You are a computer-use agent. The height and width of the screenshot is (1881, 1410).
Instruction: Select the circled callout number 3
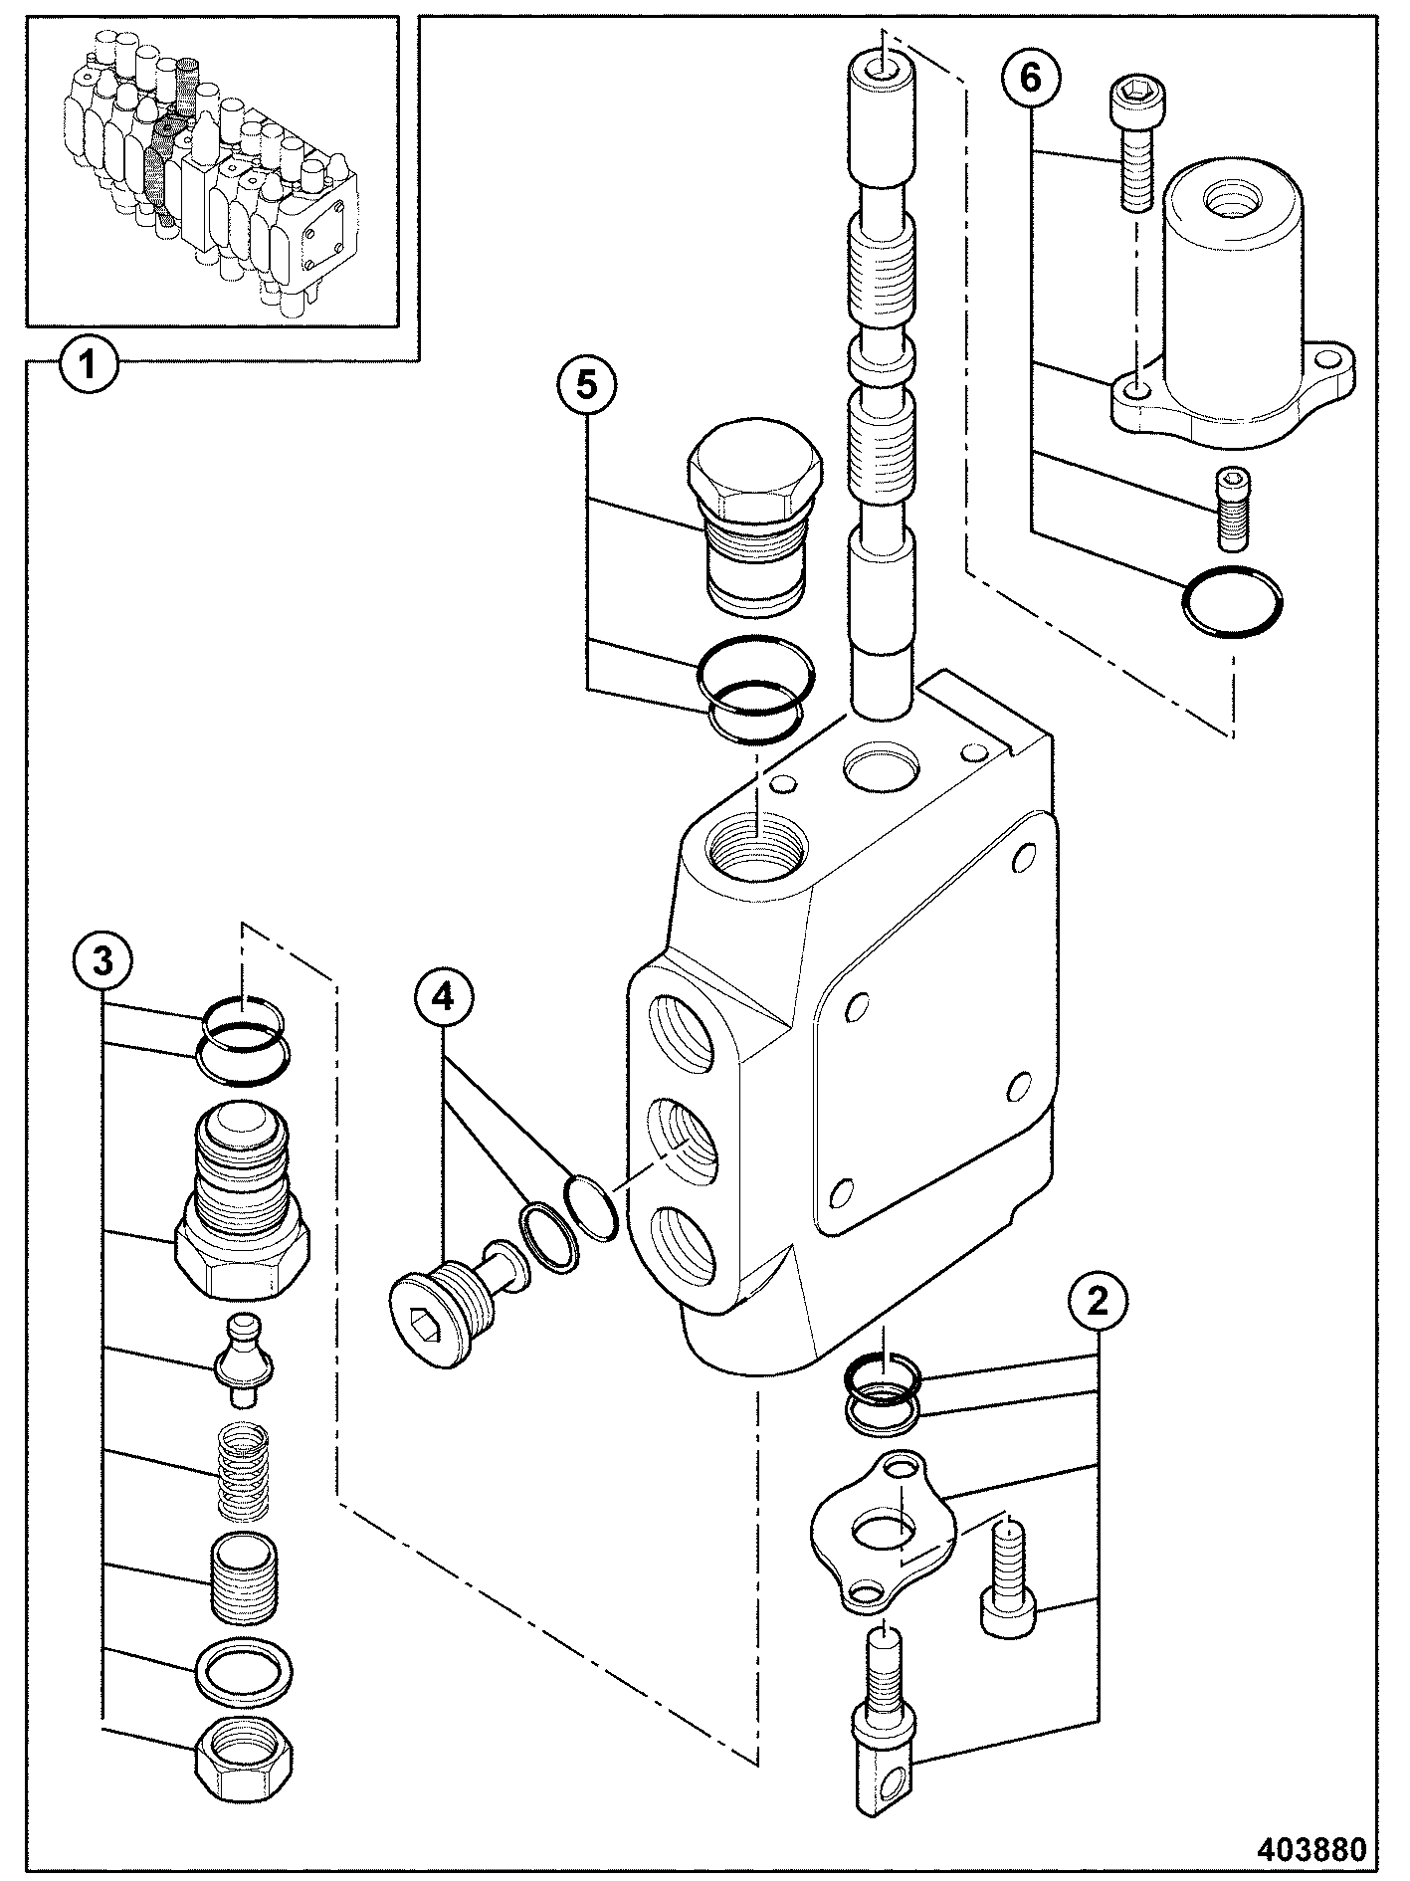pos(102,961)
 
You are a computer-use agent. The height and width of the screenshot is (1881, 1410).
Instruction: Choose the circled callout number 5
pos(587,385)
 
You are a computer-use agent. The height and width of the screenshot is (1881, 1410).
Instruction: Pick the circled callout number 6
pos(1032,79)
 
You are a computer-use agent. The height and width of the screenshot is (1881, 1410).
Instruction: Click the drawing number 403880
pos(1311,1849)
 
